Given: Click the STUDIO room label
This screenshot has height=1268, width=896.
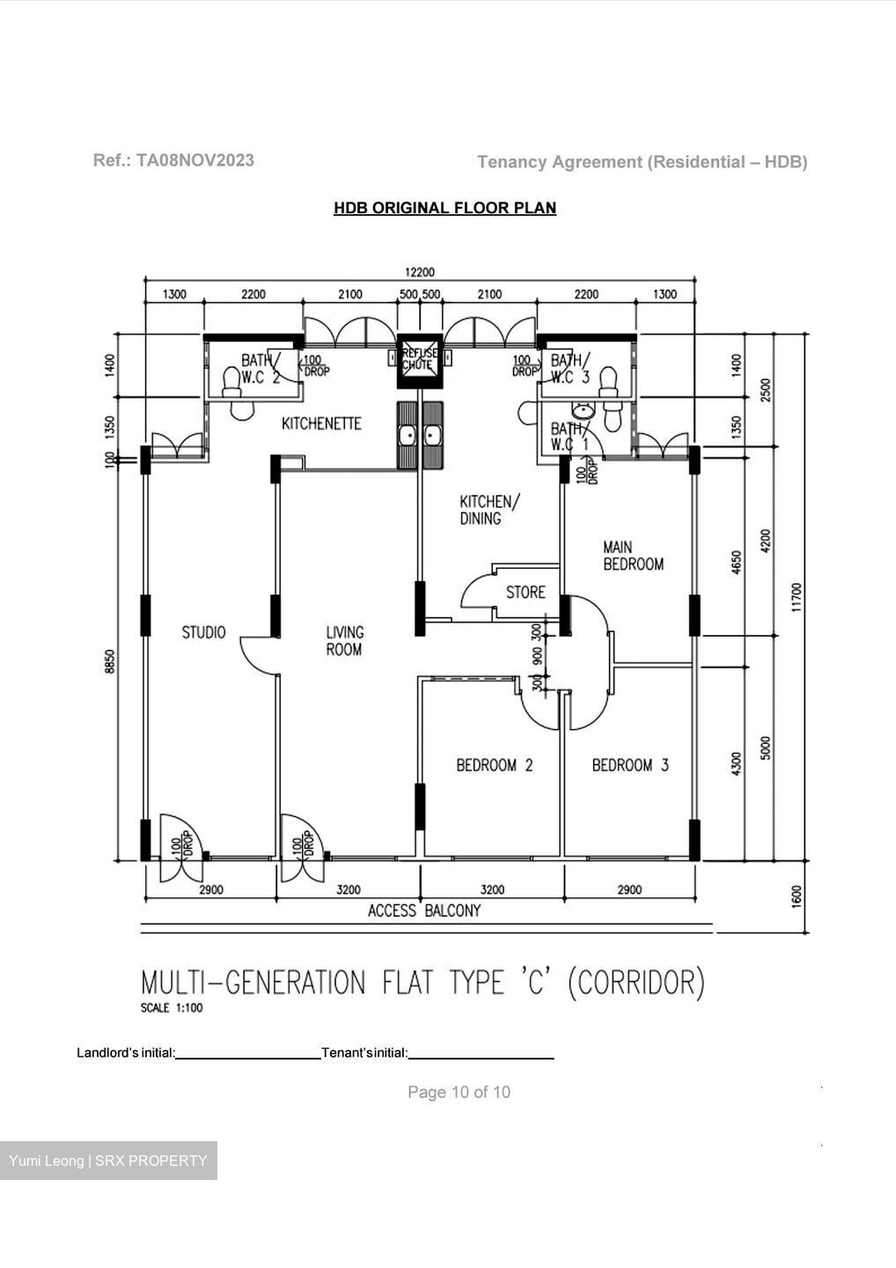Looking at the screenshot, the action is click(203, 632).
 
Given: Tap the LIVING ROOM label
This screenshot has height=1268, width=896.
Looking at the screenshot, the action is click(344, 641).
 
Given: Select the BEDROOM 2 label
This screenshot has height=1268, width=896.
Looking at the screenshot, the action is click(495, 765).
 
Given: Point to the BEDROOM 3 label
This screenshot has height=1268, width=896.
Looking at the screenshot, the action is click(630, 765).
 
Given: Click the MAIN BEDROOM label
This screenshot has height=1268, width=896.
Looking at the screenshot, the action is click(633, 556).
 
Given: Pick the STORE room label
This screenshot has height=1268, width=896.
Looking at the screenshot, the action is click(525, 593).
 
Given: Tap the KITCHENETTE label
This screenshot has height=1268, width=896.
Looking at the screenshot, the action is click(321, 424).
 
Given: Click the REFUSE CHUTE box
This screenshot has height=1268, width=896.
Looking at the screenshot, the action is click(419, 361).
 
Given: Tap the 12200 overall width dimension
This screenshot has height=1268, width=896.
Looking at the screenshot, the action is click(420, 272).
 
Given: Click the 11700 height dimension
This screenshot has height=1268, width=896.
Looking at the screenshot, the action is click(797, 597).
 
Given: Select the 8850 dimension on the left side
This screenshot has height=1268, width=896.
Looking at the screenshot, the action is click(110, 661).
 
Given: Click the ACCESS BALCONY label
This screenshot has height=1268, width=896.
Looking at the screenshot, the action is click(424, 910).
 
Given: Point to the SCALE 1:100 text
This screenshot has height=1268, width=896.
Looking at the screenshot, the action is click(172, 1007).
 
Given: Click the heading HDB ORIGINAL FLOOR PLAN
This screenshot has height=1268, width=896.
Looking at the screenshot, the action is click(444, 208).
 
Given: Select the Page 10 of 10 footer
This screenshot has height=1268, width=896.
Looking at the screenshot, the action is click(459, 1092).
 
